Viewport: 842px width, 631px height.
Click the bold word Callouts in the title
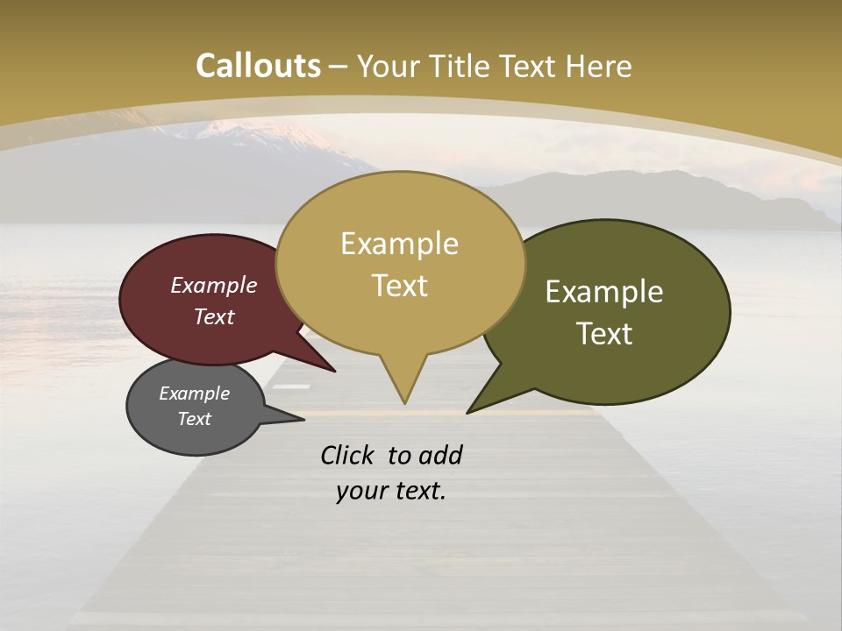click(258, 66)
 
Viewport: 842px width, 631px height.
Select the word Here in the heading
click(599, 66)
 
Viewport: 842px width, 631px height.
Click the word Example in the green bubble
click(604, 292)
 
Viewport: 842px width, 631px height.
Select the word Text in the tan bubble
click(400, 286)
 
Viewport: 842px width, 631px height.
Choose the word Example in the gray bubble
click(194, 393)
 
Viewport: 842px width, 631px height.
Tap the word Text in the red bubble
click(213, 316)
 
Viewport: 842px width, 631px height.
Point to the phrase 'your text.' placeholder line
click(391, 491)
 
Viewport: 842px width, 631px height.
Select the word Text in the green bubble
click(604, 334)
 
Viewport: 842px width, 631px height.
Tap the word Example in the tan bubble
click(399, 244)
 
